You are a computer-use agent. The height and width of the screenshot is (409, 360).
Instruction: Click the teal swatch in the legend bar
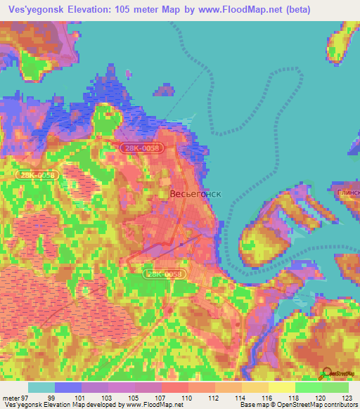(x=41, y=387)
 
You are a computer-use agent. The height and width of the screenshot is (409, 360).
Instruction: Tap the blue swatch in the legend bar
(x=67, y=387)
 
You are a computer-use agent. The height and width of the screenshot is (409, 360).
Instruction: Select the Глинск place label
(x=348, y=192)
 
